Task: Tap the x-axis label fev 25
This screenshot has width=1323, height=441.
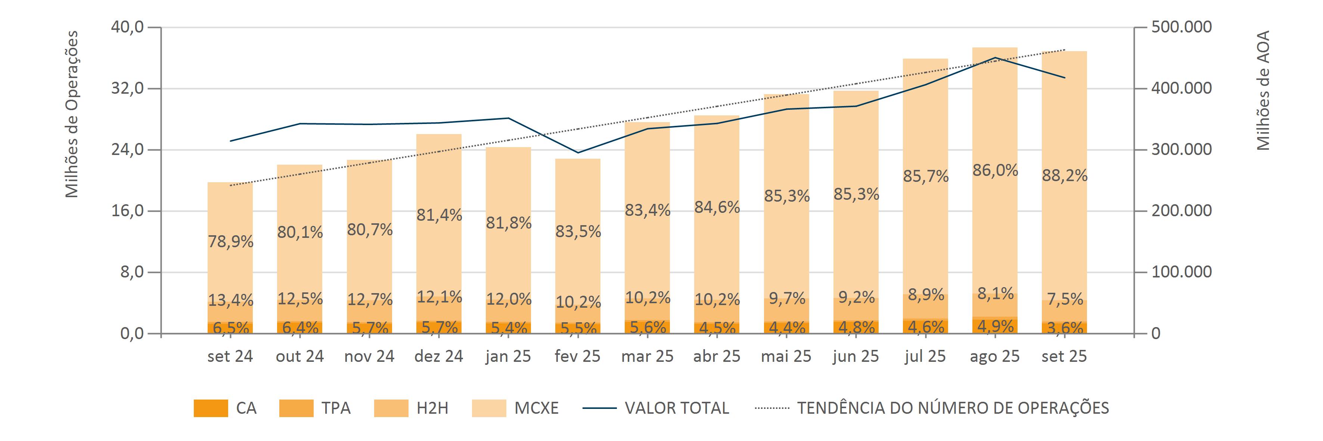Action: tap(577, 356)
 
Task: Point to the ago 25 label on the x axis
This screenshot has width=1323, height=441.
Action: tap(994, 356)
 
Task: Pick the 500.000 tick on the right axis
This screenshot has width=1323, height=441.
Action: tap(1181, 27)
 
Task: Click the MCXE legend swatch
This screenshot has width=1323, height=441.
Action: tap(488, 408)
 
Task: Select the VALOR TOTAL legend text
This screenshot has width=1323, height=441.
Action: tap(676, 408)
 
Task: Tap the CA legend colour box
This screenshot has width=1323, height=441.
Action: tap(211, 408)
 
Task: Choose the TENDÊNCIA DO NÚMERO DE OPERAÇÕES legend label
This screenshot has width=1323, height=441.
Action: tap(953, 408)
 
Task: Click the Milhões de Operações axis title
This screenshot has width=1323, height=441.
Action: tap(72, 114)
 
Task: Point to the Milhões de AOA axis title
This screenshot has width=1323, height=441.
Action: tap(1263, 90)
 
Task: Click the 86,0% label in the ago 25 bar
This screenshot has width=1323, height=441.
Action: tap(995, 170)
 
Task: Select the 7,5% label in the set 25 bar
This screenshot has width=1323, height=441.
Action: tap(1064, 299)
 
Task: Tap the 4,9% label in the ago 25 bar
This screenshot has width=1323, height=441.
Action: tap(995, 326)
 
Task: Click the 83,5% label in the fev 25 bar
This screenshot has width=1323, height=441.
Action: tap(578, 232)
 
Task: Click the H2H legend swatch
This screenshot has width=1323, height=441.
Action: tap(391, 408)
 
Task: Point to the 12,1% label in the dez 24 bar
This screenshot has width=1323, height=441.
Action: tap(439, 297)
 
